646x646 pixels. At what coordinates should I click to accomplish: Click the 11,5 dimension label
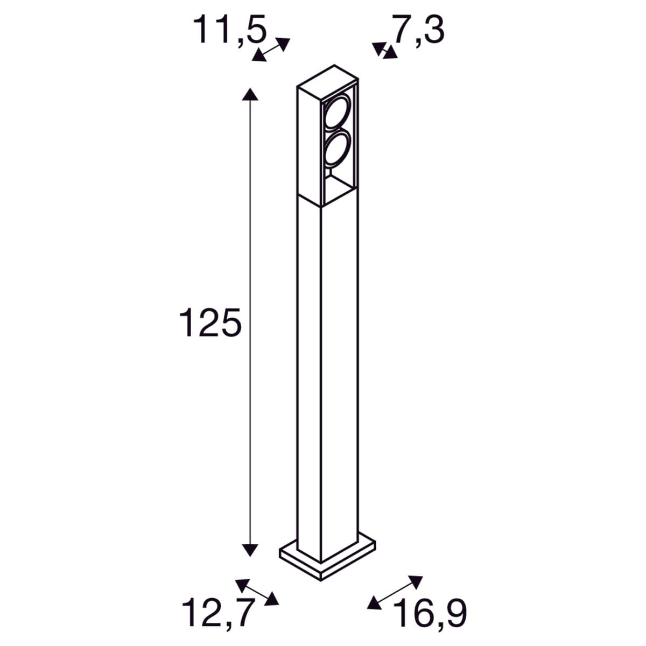pos(230,30)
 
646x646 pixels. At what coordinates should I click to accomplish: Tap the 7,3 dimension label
pos(418,30)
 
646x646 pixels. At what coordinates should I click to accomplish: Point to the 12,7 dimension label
pos(217,613)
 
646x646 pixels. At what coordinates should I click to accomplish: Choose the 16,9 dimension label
pos(430,613)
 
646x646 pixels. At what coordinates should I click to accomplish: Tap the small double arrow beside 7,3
pos(384,51)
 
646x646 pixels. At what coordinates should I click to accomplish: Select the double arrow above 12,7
pos(257,591)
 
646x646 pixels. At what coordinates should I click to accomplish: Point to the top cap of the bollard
pos(327,78)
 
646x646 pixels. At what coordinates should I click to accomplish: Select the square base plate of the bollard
pos(327,560)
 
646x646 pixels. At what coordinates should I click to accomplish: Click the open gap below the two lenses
pos(338,186)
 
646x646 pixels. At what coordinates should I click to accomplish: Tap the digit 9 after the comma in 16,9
pos(453,613)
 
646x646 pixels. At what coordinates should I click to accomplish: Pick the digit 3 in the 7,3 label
pos(434,30)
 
